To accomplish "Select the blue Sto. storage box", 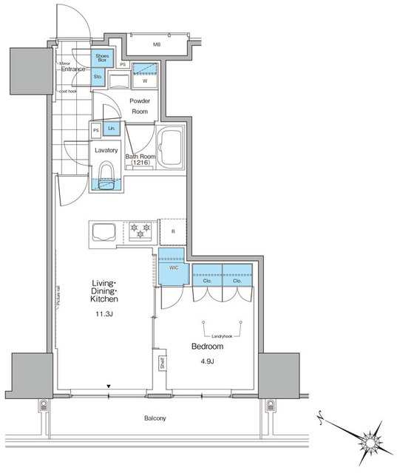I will [98, 76].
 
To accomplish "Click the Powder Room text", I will [140, 106].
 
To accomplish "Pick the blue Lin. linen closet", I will [112, 129].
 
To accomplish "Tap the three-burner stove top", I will [140, 230].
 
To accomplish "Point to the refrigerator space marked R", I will [172, 231].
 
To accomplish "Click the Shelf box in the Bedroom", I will [161, 363].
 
